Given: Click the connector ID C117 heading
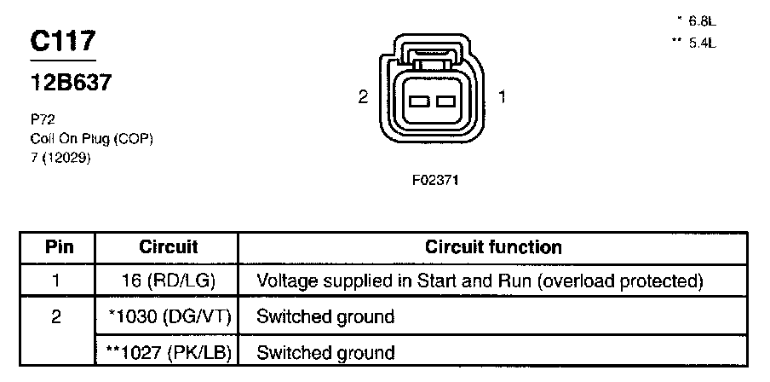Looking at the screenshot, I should pos(62,42).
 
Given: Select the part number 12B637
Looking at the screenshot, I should pos(71,84).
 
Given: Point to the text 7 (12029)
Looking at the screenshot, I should pos(60,157).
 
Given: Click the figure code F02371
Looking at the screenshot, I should pos(434,181).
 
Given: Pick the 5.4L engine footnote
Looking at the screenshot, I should pos(695,42).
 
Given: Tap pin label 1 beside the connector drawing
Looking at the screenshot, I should pos(502,98).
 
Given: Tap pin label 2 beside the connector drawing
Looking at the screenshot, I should pos(363,98).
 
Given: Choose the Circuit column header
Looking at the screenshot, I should pos(168,248).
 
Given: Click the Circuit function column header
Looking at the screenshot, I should pos(493,248).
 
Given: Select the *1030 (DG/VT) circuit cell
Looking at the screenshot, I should pos(168,317).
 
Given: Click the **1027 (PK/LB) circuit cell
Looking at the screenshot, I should pos(168,352).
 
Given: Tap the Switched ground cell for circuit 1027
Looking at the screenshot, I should pos(325,352).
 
